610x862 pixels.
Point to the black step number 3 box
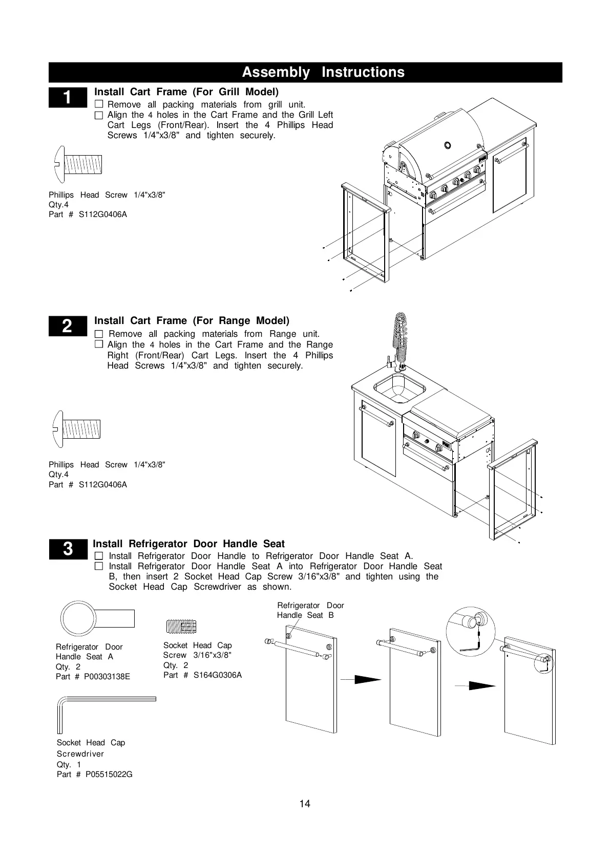[x=68, y=549]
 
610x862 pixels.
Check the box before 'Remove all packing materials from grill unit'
[x=99, y=105]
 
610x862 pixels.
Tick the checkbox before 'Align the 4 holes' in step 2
[x=99, y=345]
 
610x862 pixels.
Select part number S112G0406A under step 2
[x=102, y=484]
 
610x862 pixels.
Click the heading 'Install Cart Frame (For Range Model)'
[x=192, y=321]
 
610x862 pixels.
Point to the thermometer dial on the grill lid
[x=448, y=145]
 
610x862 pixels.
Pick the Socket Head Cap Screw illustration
[x=181, y=626]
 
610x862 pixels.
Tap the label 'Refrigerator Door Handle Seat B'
[x=310, y=610]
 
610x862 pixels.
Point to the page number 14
[x=305, y=804]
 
